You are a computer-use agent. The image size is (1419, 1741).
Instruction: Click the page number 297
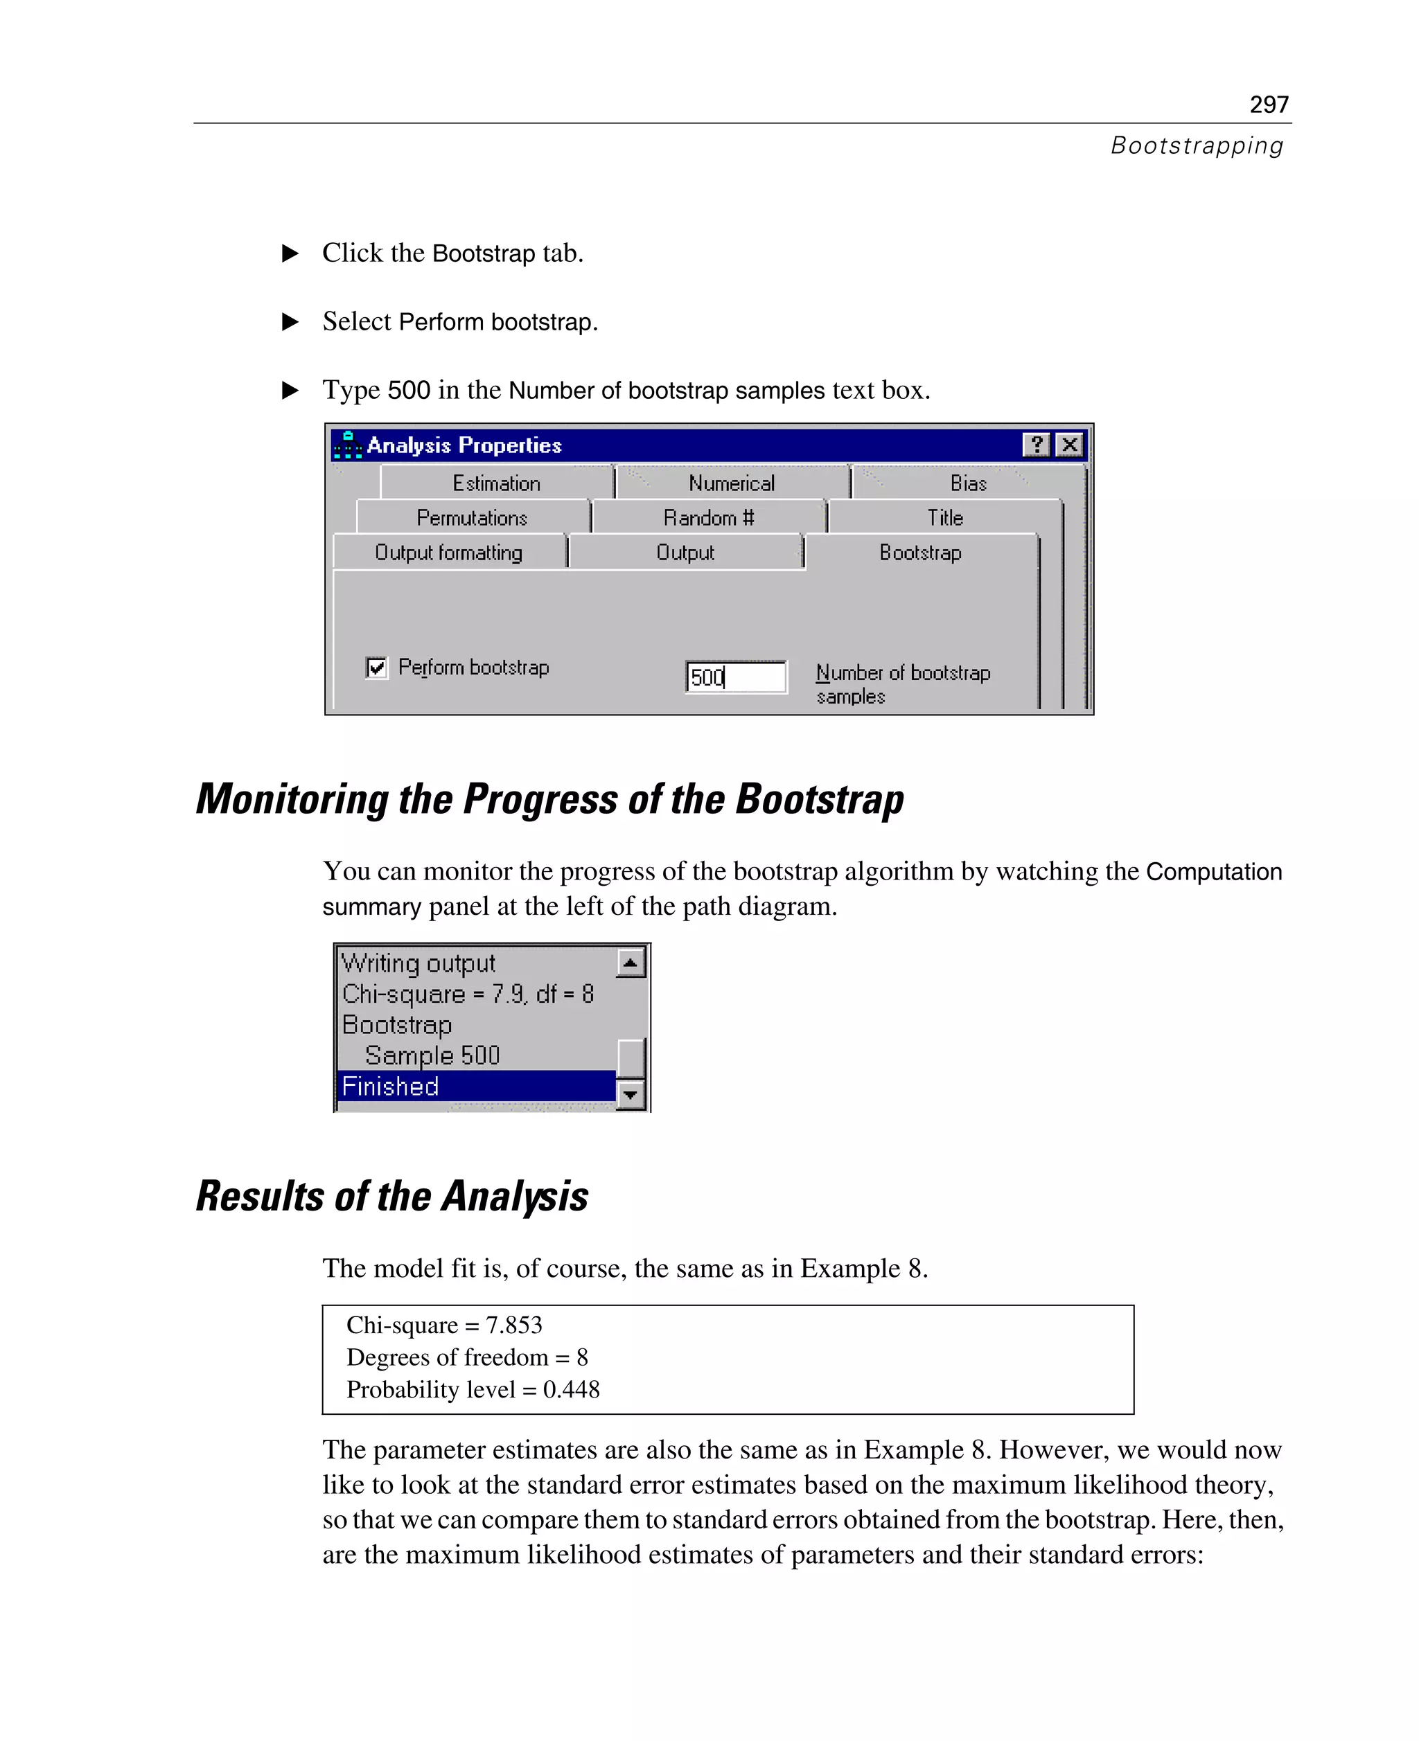pos(1268,105)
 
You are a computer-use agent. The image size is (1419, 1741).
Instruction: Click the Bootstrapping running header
pos(1196,145)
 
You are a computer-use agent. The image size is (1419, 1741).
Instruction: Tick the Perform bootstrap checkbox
pos(376,668)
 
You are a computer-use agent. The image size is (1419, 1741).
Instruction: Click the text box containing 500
pos(736,677)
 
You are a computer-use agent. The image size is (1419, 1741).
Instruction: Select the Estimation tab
pos(496,483)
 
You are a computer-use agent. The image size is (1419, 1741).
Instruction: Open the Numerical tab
pos(731,483)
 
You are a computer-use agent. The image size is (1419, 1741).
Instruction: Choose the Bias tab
pos(968,483)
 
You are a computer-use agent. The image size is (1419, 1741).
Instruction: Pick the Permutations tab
pos(472,518)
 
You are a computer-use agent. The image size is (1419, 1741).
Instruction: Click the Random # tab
pos(708,518)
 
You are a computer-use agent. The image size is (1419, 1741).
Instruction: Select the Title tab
pos(945,518)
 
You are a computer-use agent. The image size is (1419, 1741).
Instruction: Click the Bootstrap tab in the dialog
pos(919,553)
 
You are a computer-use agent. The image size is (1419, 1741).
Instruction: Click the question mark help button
pos(1036,445)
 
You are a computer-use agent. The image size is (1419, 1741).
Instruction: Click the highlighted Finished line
pos(474,1086)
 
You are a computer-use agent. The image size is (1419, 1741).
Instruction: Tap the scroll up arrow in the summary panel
pos(631,963)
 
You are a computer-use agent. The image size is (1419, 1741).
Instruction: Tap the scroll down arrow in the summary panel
pos(631,1094)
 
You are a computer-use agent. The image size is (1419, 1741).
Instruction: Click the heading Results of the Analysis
pos(391,1196)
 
